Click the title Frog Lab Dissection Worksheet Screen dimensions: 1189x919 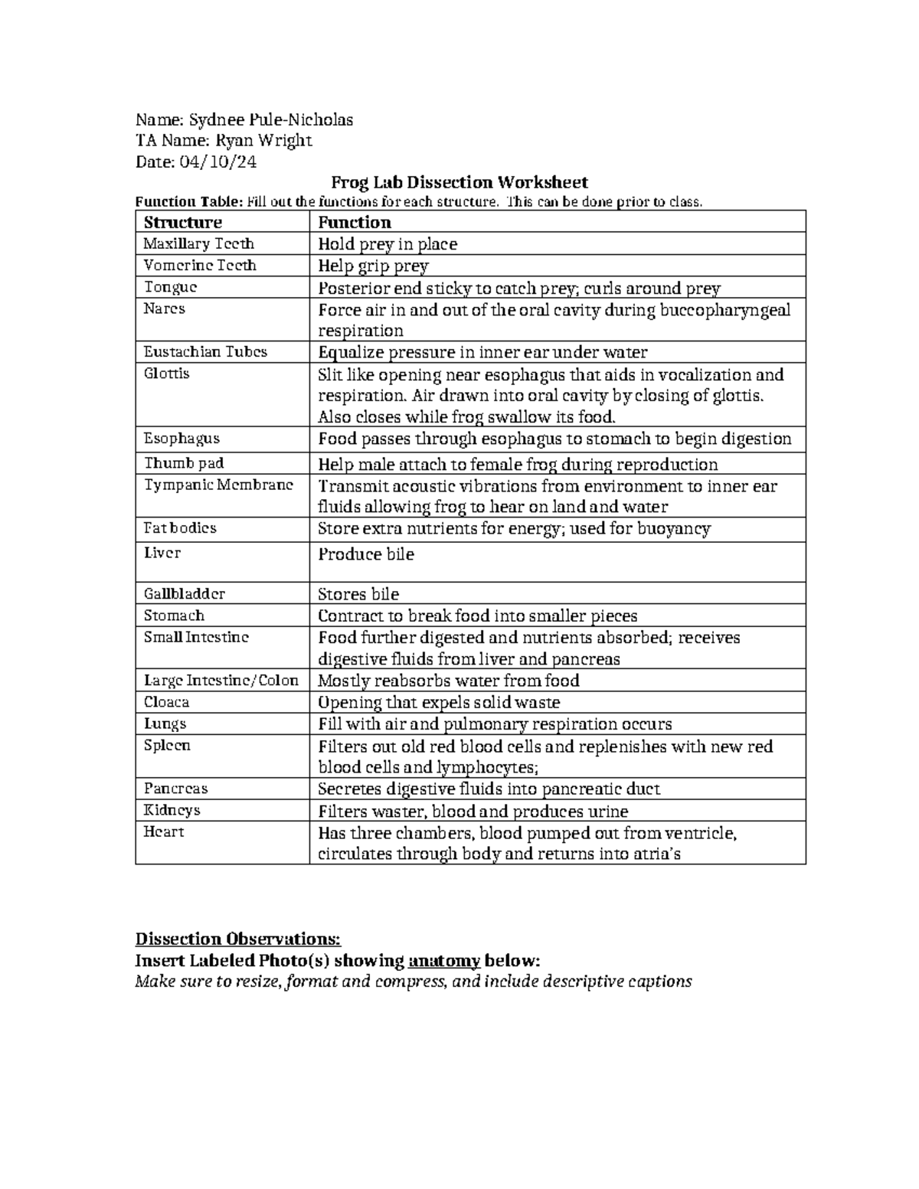(459, 182)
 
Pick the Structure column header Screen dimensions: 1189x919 (183, 222)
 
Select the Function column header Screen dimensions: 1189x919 (355, 222)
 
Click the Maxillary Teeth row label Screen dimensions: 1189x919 (199, 243)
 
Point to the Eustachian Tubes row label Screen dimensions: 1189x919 (206, 351)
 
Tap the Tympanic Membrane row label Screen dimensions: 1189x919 (218, 485)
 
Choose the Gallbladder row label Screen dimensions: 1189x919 (185, 593)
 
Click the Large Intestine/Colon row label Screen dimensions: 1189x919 (221, 680)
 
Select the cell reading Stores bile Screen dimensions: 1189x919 (358, 594)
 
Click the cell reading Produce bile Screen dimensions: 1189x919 (366, 554)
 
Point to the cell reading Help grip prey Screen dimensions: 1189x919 (373, 266)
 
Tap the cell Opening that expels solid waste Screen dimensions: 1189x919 (439, 702)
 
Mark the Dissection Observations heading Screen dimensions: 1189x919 (237, 939)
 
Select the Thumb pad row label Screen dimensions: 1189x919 (184, 463)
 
